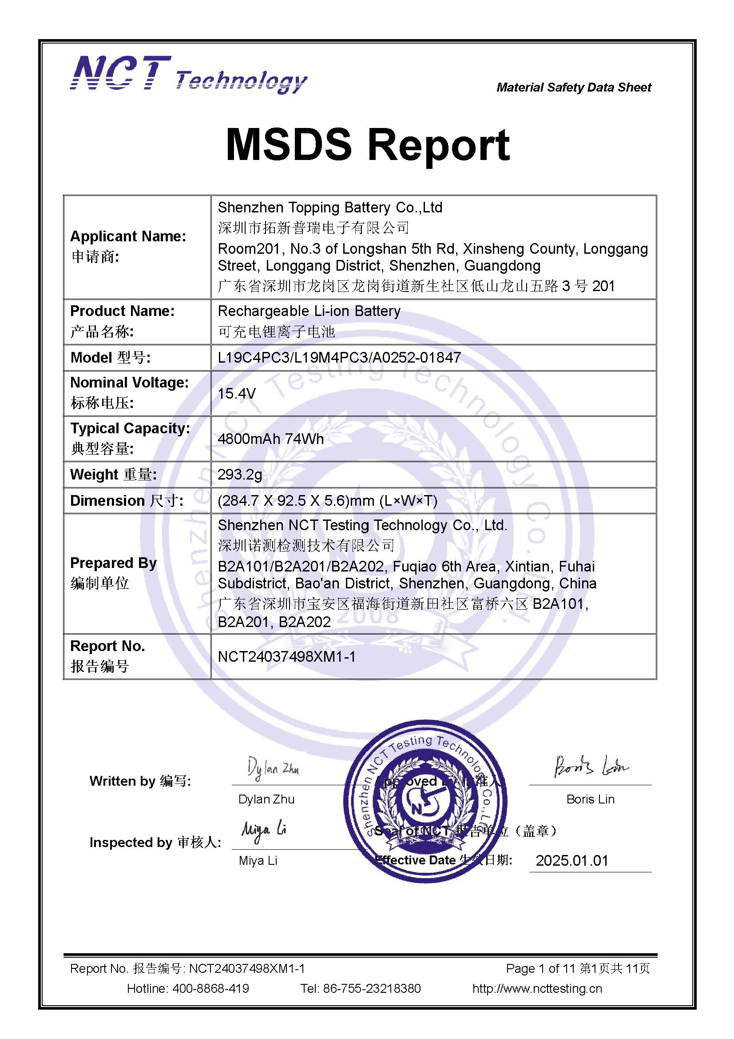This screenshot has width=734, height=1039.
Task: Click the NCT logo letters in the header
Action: [x=120, y=73]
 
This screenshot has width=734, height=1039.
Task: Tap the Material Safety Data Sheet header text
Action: [x=573, y=88]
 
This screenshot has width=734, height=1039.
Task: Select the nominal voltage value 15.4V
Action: [x=237, y=393]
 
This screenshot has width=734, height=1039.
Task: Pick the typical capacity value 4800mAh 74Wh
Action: [x=270, y=439]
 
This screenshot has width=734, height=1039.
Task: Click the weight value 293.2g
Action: [x=240, y=474]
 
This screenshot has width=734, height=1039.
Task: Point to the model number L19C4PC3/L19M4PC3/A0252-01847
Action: [x=339, y=357]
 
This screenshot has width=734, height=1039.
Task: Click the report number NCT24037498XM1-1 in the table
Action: [x=287, y=656]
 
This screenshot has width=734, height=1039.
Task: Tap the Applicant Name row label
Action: [x=128, y=236]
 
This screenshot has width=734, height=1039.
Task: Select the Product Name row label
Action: [x=122, y=311]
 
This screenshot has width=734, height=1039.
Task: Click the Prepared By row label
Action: [x=114, y=563]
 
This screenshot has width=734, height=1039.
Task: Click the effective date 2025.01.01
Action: [x=571, y=860]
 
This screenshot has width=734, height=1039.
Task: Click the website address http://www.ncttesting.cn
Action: [x=537, y=988]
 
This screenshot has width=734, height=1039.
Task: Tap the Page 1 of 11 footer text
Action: [x=540, y=968]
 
